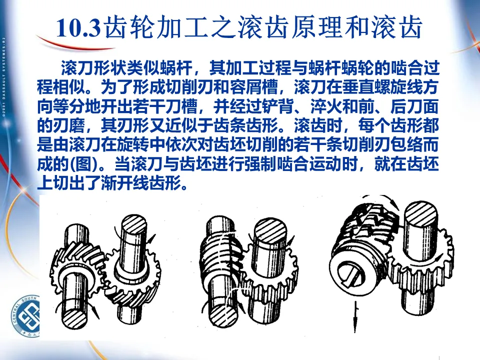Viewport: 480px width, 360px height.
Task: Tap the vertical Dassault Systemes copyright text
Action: (x=3, y=77)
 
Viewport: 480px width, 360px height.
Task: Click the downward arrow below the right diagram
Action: (x=355, y=317)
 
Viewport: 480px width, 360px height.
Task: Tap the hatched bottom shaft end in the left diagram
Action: (x=74, y=318)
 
